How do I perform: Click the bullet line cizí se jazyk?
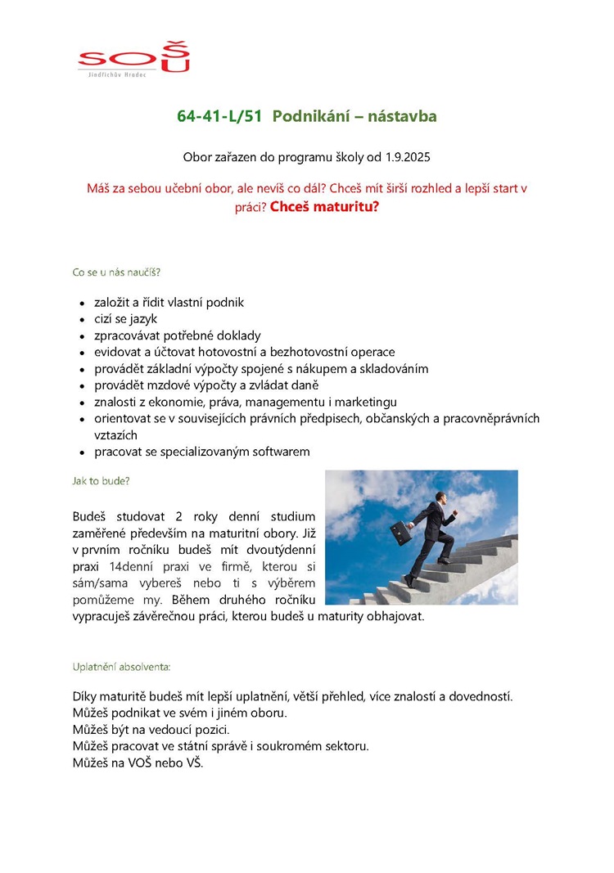click(x=125, y=319)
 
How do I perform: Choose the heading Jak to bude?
click(x=102, y=481)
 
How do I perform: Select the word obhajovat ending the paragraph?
click(x=396, y=616)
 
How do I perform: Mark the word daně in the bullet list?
click(x=302, y=385)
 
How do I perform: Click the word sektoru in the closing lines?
click(x=348, y=746)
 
